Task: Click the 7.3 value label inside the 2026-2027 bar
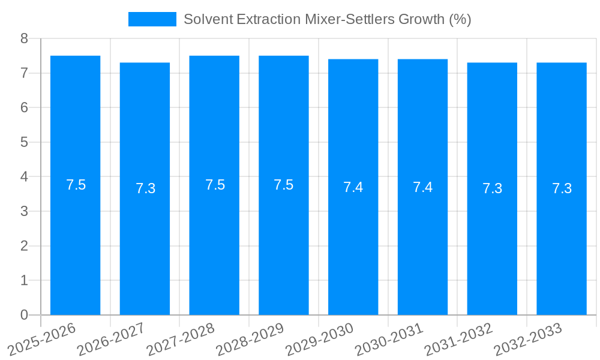pyautogui.click(x=145, y=188)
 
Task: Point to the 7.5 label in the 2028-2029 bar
pyautogui.click(x=283, y=185)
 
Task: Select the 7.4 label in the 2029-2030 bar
pyautogui.click(x=353, y=187)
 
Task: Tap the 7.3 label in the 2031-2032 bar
pyautogui.click(x=492, y=188)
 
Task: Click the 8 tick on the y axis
pyautogui.click(x=24, y=39)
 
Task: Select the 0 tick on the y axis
pyautogui.click(x=24, y=315)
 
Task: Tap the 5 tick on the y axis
pyautogui.click(x=24, y=143)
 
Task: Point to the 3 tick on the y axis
pyautogui.click(x=24, y=212)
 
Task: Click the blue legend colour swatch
pyautogui.click(x=152, y=19)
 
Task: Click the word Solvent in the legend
pyautogui.click(x=205, y=19)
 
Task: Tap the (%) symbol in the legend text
pyautogui.click(x=460, y=19)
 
